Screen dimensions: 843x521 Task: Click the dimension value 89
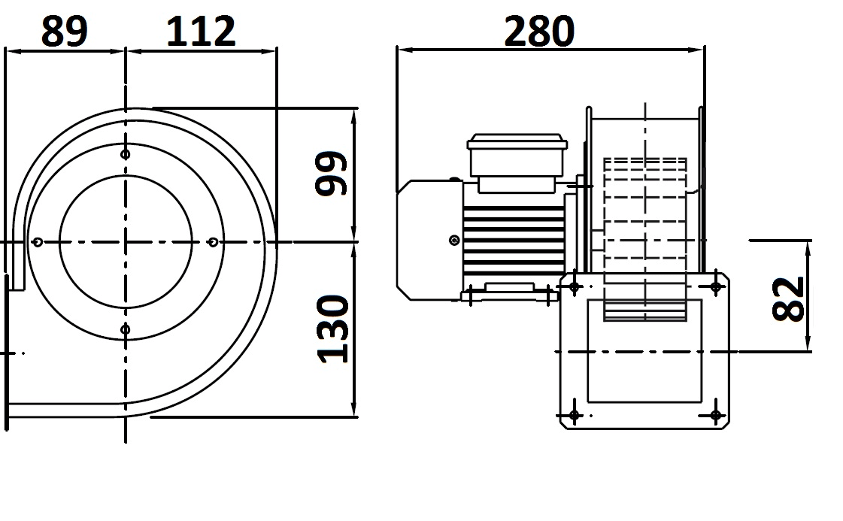pyautogui.click(x=64, y=31)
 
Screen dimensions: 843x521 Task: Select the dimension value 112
pyautogui.click(x=201, y=31)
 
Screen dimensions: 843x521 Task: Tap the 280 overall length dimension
pyautogui.click(x=539, y=31)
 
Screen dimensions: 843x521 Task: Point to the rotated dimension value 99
pyautogui.click(x=331, y=173)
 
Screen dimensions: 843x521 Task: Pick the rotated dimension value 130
pyautogui.click(x=333, y=329)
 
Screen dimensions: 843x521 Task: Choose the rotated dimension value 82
pyautogui.click(x=788, y=299)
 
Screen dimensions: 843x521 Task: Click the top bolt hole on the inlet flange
pyautogui.click(x=126, y=155)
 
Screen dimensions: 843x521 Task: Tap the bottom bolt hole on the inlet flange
pyautogui.click(x=126, y=329)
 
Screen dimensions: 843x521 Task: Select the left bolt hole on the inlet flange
pyautogui.click(x=37, y=242)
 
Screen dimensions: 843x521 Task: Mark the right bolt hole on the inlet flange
pyautogui.click(x=213, y=242)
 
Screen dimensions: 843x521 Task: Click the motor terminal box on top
pyautogui.click(x=517, y=163)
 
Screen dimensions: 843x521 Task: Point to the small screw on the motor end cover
pyautogui.click(x=454, y=241)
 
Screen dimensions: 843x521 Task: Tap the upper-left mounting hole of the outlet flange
pyautogui.click(x=575, y=287)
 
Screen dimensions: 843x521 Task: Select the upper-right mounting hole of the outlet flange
pyautogui.click(x=716, y=287)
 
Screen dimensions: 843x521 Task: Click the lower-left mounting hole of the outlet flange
pyautogui.click(x=575, y=415)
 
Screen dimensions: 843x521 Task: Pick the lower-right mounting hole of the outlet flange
pyautogui.click(x=716, y=415)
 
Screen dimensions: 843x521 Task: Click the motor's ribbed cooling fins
pyautogui.click(x=514, y=241)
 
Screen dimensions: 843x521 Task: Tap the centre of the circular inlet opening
pyautogui.click(x=126, y=242)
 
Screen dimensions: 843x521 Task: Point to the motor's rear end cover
pyautogui.click(x=429, y=240)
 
